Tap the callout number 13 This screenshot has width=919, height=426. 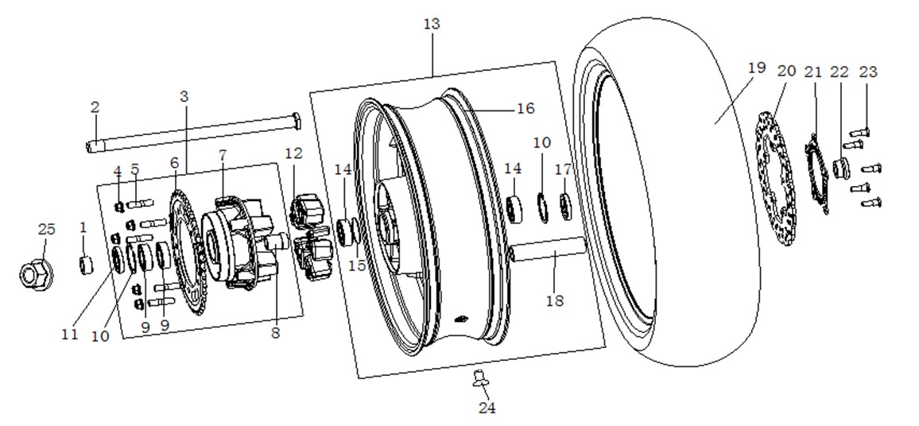[x=432, y=25]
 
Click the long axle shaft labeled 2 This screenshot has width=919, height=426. [x=193, y=132]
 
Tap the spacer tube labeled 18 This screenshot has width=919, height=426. [x=547, y=252]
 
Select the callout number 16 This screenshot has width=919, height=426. [x=525, y=108]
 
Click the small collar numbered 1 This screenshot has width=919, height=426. [x=86, y=265]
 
